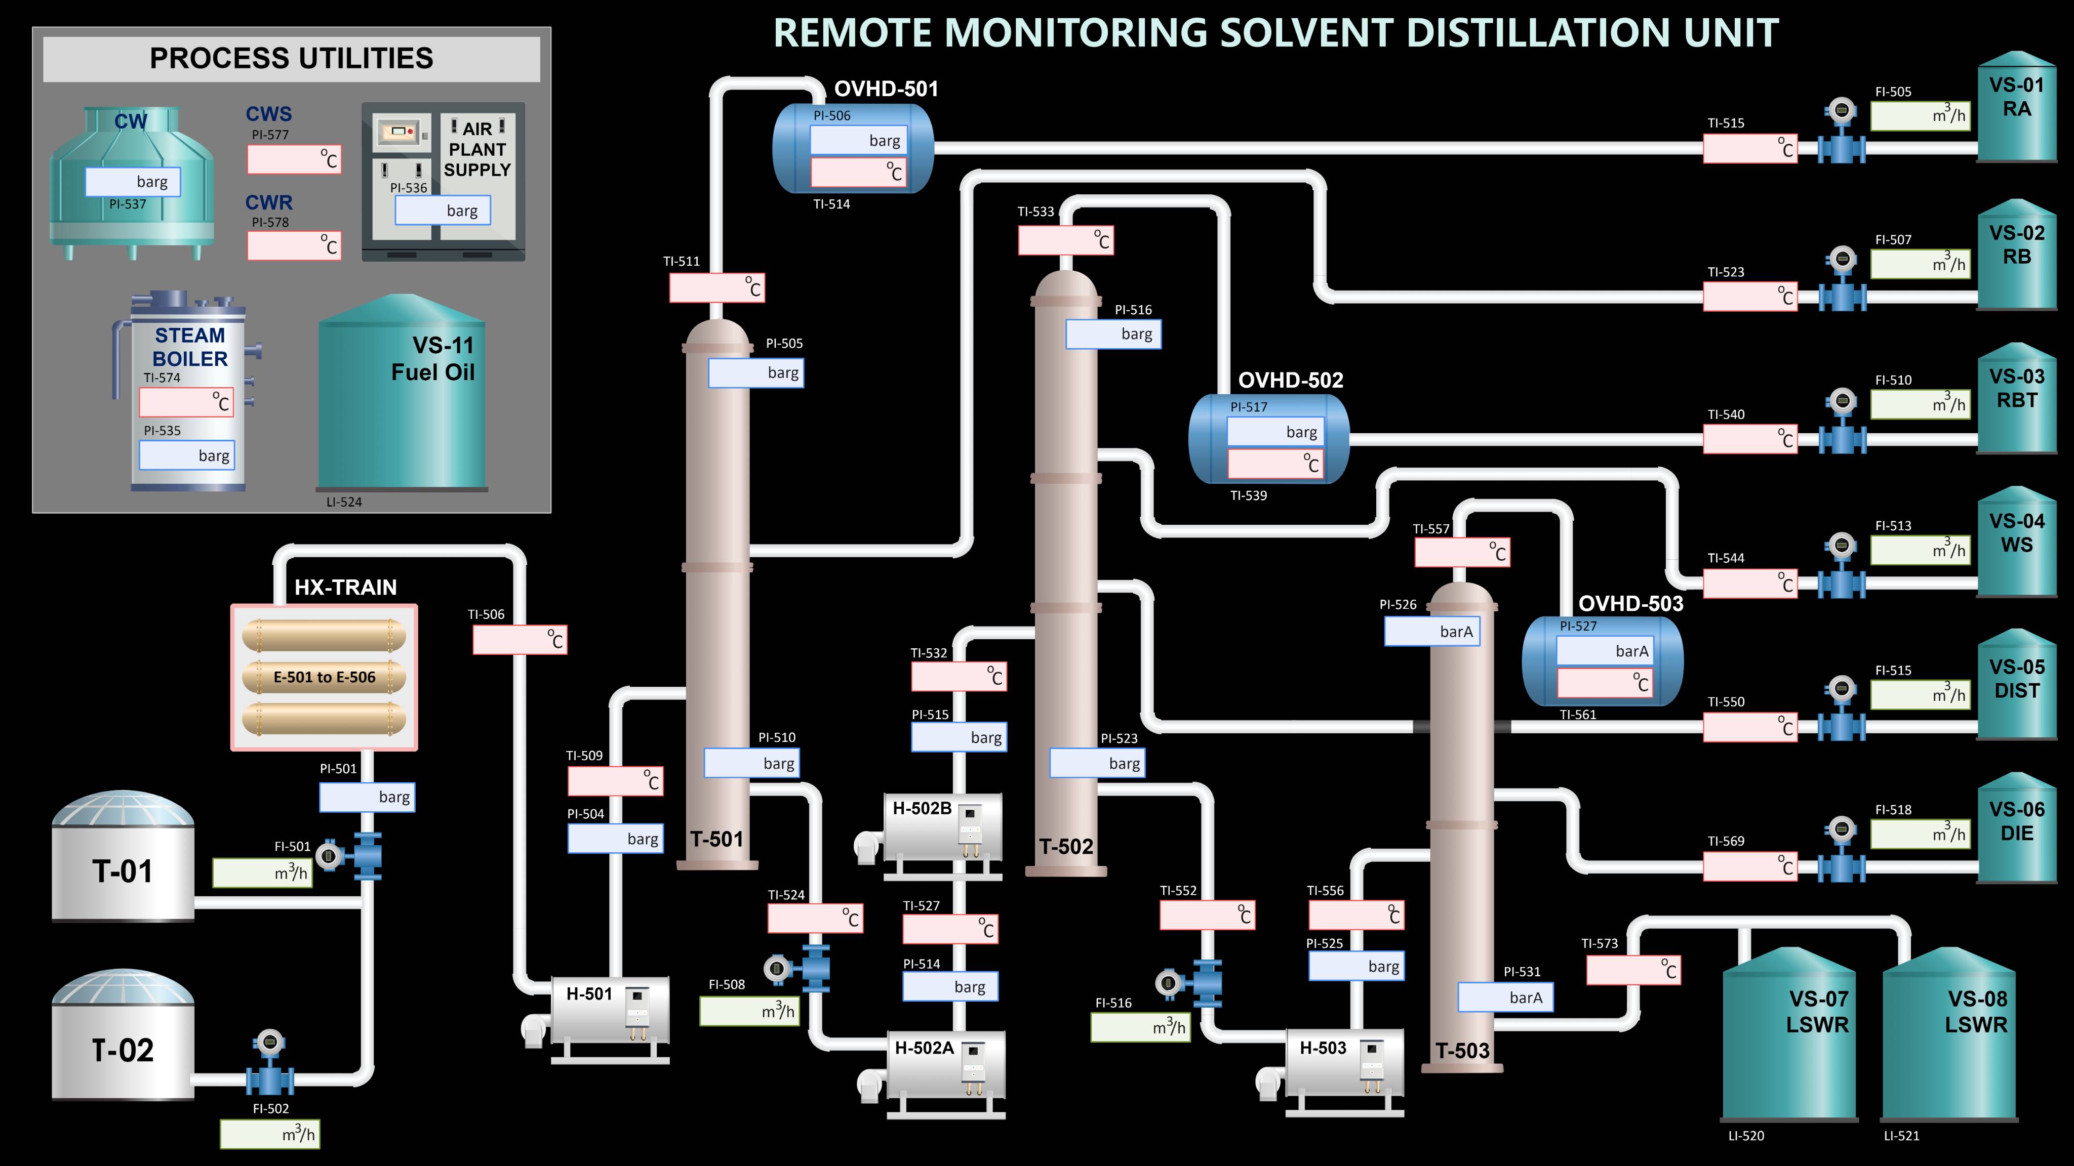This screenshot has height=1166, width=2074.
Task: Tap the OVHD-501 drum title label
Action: click(x=886, y=89)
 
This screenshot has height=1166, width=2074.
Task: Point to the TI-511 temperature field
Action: click(x=716, y=288)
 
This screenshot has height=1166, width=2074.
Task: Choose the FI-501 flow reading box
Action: click(x=262, y=873)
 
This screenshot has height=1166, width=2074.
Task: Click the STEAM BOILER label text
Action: click(x=190, y=347)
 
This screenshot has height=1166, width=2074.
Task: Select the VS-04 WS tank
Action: click(x=2017, y=544)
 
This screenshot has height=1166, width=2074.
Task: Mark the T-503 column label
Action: click(x=1462, y=1050)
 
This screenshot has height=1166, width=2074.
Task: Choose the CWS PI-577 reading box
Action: click(x=294, y=159)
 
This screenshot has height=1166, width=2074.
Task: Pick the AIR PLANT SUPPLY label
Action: click(x=477, y=150)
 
